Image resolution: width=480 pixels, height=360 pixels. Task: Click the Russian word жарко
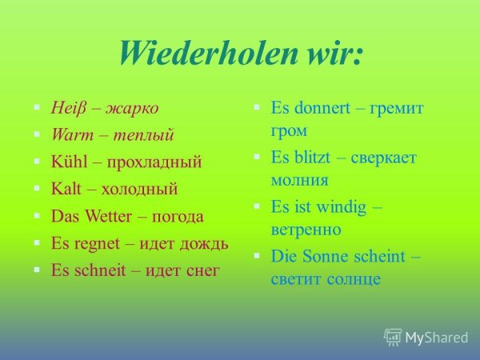[x=132, y=107]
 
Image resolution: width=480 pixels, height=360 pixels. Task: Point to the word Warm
[x=69, y=134]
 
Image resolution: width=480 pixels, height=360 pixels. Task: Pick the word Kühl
[x=68, y=162]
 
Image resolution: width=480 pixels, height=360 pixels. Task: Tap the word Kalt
[x=67, y=189]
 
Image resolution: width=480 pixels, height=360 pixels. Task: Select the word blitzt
[x=314, y=157]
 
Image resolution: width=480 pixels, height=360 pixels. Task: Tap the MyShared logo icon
[x=393, y=338]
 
